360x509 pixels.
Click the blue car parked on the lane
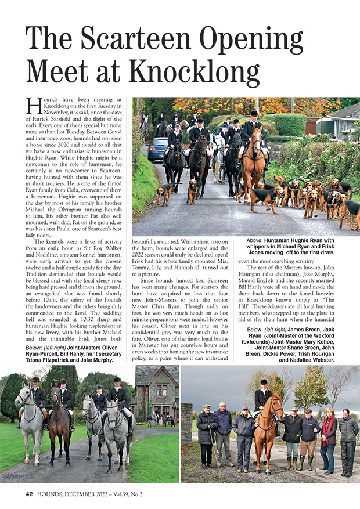[156, 149]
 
